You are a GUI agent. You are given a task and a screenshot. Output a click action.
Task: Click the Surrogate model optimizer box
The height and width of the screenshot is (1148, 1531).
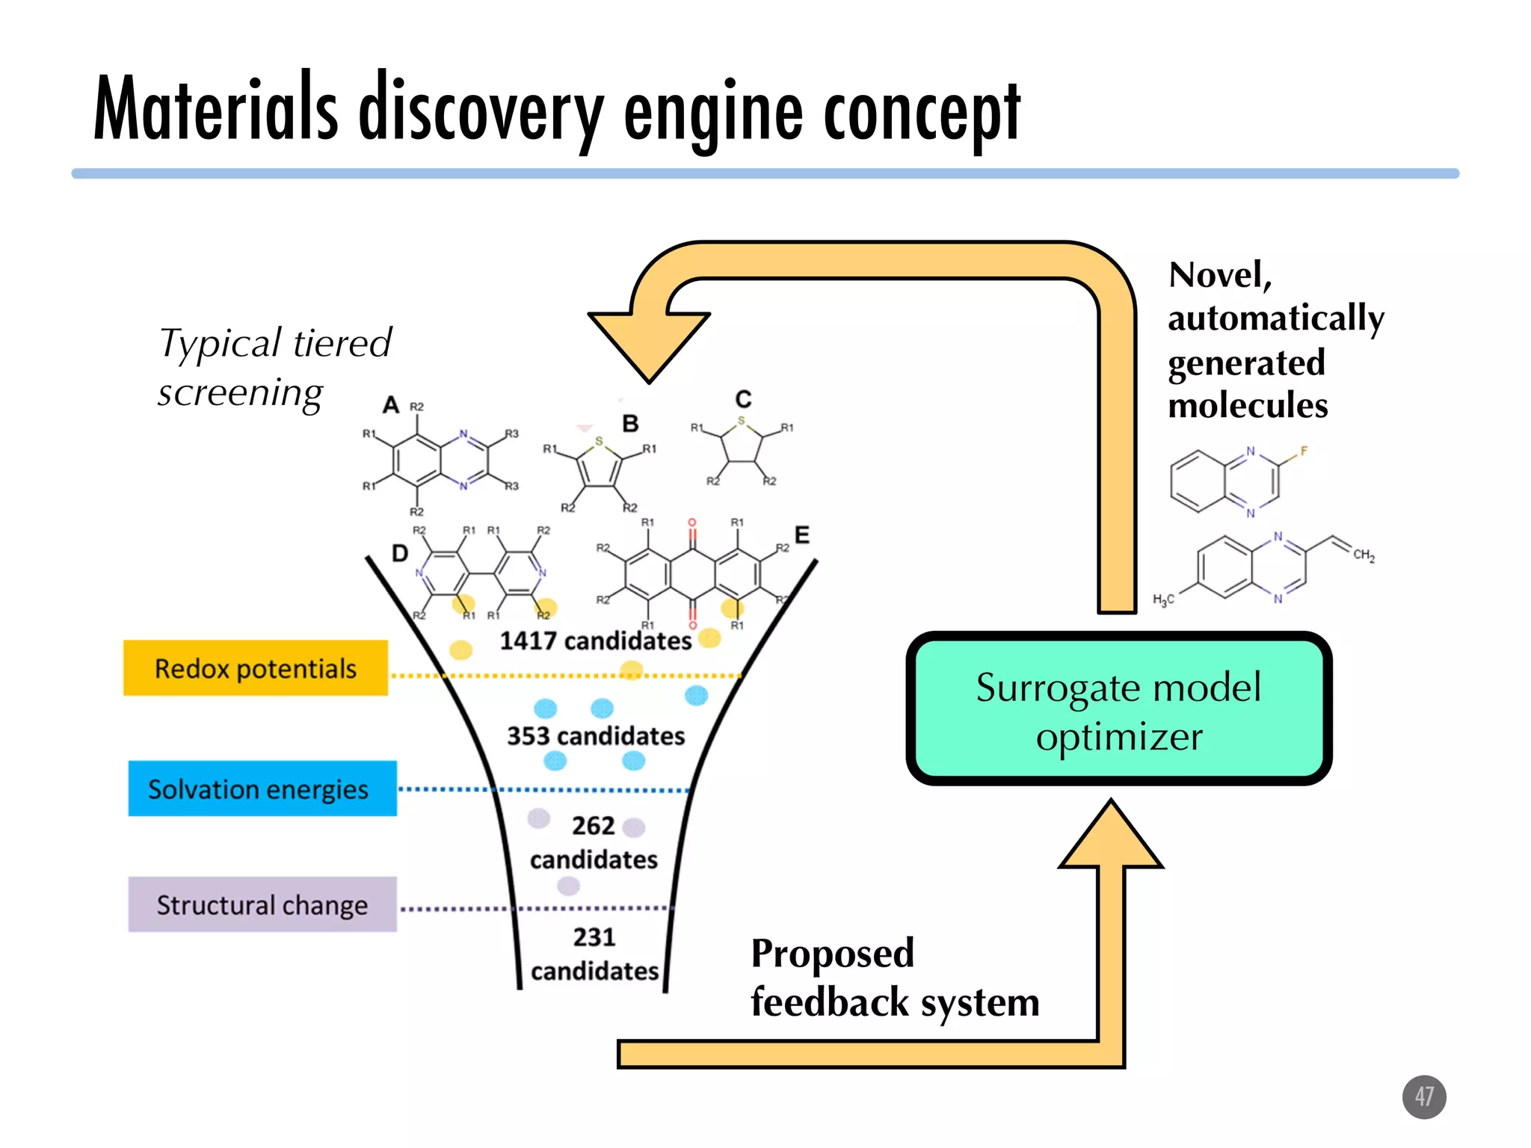(x=1118, y=709)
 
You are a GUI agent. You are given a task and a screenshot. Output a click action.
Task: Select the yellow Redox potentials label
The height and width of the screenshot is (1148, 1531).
(x=255, y=668)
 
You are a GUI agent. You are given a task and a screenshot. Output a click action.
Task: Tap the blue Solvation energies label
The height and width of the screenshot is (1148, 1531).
(x=262, y=789)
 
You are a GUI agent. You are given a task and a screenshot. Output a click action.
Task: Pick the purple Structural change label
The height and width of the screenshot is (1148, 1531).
(x=262, y=904)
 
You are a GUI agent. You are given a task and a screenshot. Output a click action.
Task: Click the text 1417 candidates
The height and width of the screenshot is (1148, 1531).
(x=595, y=641)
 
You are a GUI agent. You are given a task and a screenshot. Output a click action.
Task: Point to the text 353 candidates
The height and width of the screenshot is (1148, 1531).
(x=596, y=735)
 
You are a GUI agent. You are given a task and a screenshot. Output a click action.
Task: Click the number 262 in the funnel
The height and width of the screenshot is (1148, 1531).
(x=593, y=825)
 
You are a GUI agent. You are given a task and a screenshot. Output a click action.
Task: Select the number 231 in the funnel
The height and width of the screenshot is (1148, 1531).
(x=594, y=936)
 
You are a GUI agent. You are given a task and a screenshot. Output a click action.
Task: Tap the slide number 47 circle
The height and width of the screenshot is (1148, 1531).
(x=1423, y=1096)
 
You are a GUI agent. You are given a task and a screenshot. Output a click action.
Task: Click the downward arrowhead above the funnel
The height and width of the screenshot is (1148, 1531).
(x=648, y=345)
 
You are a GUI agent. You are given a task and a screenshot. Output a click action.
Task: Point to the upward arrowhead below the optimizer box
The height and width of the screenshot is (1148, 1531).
(x=1111, y=837)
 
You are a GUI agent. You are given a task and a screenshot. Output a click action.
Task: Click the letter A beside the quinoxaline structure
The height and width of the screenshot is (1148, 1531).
(x=390, y=405)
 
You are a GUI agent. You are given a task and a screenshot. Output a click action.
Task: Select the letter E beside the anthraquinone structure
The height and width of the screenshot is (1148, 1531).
(x=801, y=535)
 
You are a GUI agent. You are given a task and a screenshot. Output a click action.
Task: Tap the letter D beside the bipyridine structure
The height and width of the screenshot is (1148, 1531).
(x=400, y=553)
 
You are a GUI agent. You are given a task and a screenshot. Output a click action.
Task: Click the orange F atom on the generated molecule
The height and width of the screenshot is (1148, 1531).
(x=1304, y=451)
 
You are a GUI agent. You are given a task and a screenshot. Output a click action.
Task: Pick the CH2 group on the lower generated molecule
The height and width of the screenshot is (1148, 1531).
(x=1364, y=555)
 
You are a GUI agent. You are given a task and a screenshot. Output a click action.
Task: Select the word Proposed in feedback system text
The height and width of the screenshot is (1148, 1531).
(x=832, y=953)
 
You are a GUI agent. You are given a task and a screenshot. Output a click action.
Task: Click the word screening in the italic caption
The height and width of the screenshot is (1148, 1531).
(x=240, y=392)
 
